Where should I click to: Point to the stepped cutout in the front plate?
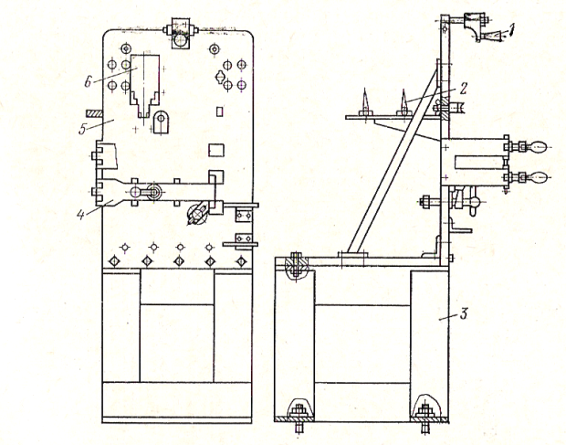144,87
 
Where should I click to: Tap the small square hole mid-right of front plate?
216,149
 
